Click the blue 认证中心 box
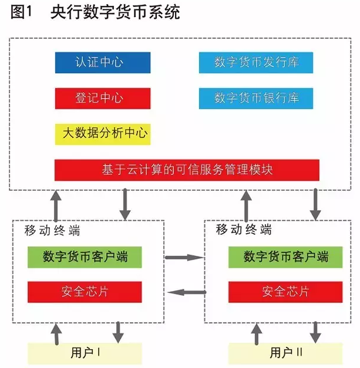coord(102,62)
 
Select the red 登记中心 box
coord(102,97)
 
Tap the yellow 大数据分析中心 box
coord(102,134)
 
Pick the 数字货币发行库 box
coord(255,62)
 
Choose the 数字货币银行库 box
coord(255,97)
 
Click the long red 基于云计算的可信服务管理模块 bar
coord(187,170)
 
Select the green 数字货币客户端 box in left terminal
coord(85,256)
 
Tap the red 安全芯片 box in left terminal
coord(85,291)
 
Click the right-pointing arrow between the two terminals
coord(183,257)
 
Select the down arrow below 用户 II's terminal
coord(316,332)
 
